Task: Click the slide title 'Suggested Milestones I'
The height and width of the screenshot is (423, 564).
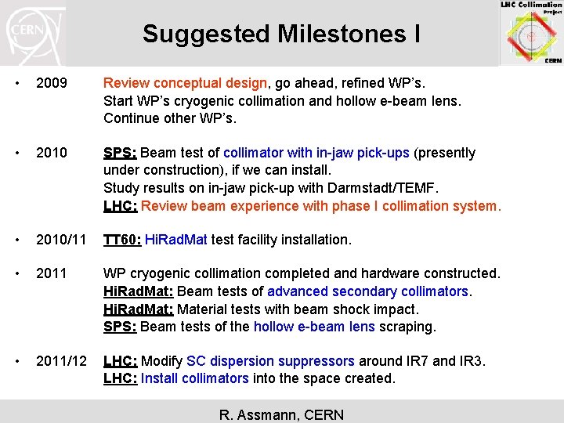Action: point(281,34)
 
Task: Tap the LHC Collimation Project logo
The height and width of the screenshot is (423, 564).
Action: point(531,32)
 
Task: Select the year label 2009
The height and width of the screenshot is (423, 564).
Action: point(52,83)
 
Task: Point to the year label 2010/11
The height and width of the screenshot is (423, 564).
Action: point(62,240)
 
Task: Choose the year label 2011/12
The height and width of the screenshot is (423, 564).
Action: point(62,361)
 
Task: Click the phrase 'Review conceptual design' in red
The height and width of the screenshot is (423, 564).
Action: point(186,83)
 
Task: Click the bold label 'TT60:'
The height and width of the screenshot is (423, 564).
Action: point(122,240)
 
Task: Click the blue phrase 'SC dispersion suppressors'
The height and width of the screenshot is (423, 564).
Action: point(270,361)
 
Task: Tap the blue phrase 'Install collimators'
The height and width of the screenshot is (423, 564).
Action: point(195,378)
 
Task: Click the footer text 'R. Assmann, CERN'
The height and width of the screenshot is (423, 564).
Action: point(281,414)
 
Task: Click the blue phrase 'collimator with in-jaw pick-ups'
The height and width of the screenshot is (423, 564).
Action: point(316,153)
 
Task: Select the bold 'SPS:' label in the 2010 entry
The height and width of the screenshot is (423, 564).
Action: point(120,153)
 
